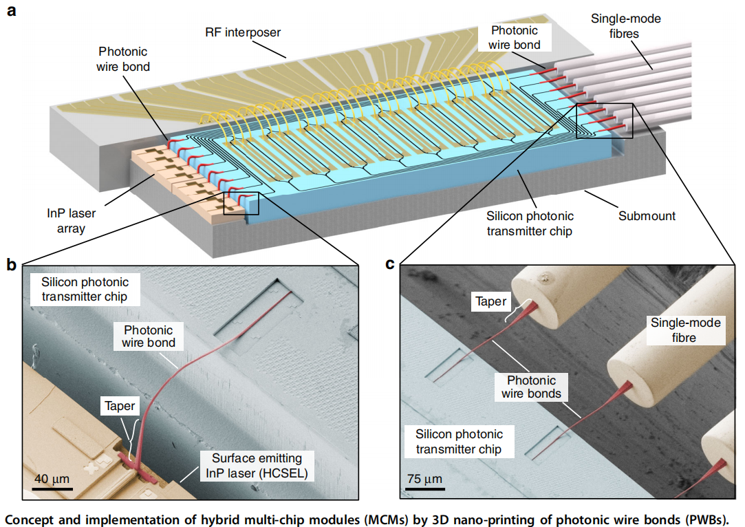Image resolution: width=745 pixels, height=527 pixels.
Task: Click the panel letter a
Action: coord(10,12)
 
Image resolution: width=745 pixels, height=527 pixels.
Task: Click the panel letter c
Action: coord(390,264)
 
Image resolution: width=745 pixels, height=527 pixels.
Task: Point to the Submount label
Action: coord(647,216)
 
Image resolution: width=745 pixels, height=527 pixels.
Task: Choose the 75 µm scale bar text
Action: coord(424,479)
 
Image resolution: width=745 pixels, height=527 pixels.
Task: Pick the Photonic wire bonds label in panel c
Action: coord(532,387)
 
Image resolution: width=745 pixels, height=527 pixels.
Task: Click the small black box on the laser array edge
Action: coord(246,204)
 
